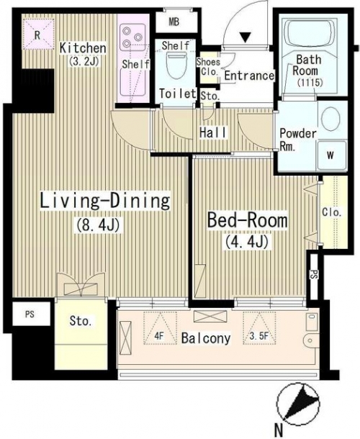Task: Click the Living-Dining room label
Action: tap(105, 200)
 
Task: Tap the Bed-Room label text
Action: tap(248, 221)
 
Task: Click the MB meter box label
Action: tap(174, 22)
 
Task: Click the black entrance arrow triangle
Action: tap(246, 37)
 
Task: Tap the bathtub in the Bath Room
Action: tap(310, 33)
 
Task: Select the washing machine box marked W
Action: tap(331, 155)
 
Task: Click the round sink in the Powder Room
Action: tap(330, 119)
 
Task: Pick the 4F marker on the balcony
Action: tap(160, 328)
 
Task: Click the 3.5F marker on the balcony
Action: tap(260, 328)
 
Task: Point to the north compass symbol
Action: tap(298, 404)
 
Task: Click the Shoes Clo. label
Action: tap(208, 67)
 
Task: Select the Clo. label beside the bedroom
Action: tap(332, 212)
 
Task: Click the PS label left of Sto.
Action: tap(30, 314)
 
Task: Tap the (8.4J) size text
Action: tap(98, 225)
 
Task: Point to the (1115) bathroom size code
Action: tap(310, 82)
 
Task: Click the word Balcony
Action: tap(206, 338)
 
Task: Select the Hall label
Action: tap(213, 132)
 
